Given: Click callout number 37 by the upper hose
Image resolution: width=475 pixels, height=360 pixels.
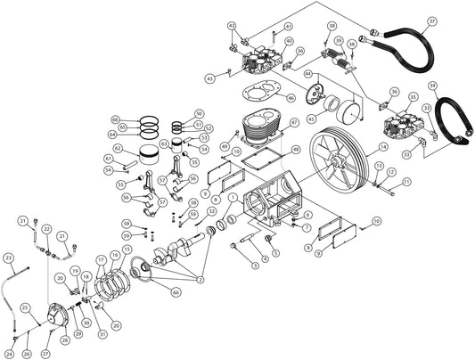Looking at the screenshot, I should [432, 20].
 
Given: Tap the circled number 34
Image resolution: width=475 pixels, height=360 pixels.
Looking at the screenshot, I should [433, 86].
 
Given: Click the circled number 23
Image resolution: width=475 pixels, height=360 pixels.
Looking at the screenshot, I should [8, 258].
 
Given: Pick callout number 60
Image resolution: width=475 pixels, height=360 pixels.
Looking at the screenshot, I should [176, 291].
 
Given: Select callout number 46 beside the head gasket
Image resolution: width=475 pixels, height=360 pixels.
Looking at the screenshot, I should [291, 97].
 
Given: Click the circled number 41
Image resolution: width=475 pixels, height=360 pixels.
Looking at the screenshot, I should [289, 27].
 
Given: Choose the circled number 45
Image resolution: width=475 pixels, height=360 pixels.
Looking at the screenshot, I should [310, 118].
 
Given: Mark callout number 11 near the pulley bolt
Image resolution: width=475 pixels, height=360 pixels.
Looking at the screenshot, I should [406, 182].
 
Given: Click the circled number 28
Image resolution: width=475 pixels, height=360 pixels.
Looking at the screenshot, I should [64, 340].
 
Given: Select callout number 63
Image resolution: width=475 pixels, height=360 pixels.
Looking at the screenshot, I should [165, 143].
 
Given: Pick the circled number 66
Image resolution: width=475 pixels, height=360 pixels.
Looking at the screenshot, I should [115, 119].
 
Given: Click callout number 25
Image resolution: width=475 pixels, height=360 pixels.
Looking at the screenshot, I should [28, 307].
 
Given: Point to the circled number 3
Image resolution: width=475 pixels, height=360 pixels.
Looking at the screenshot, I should [255, 265].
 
